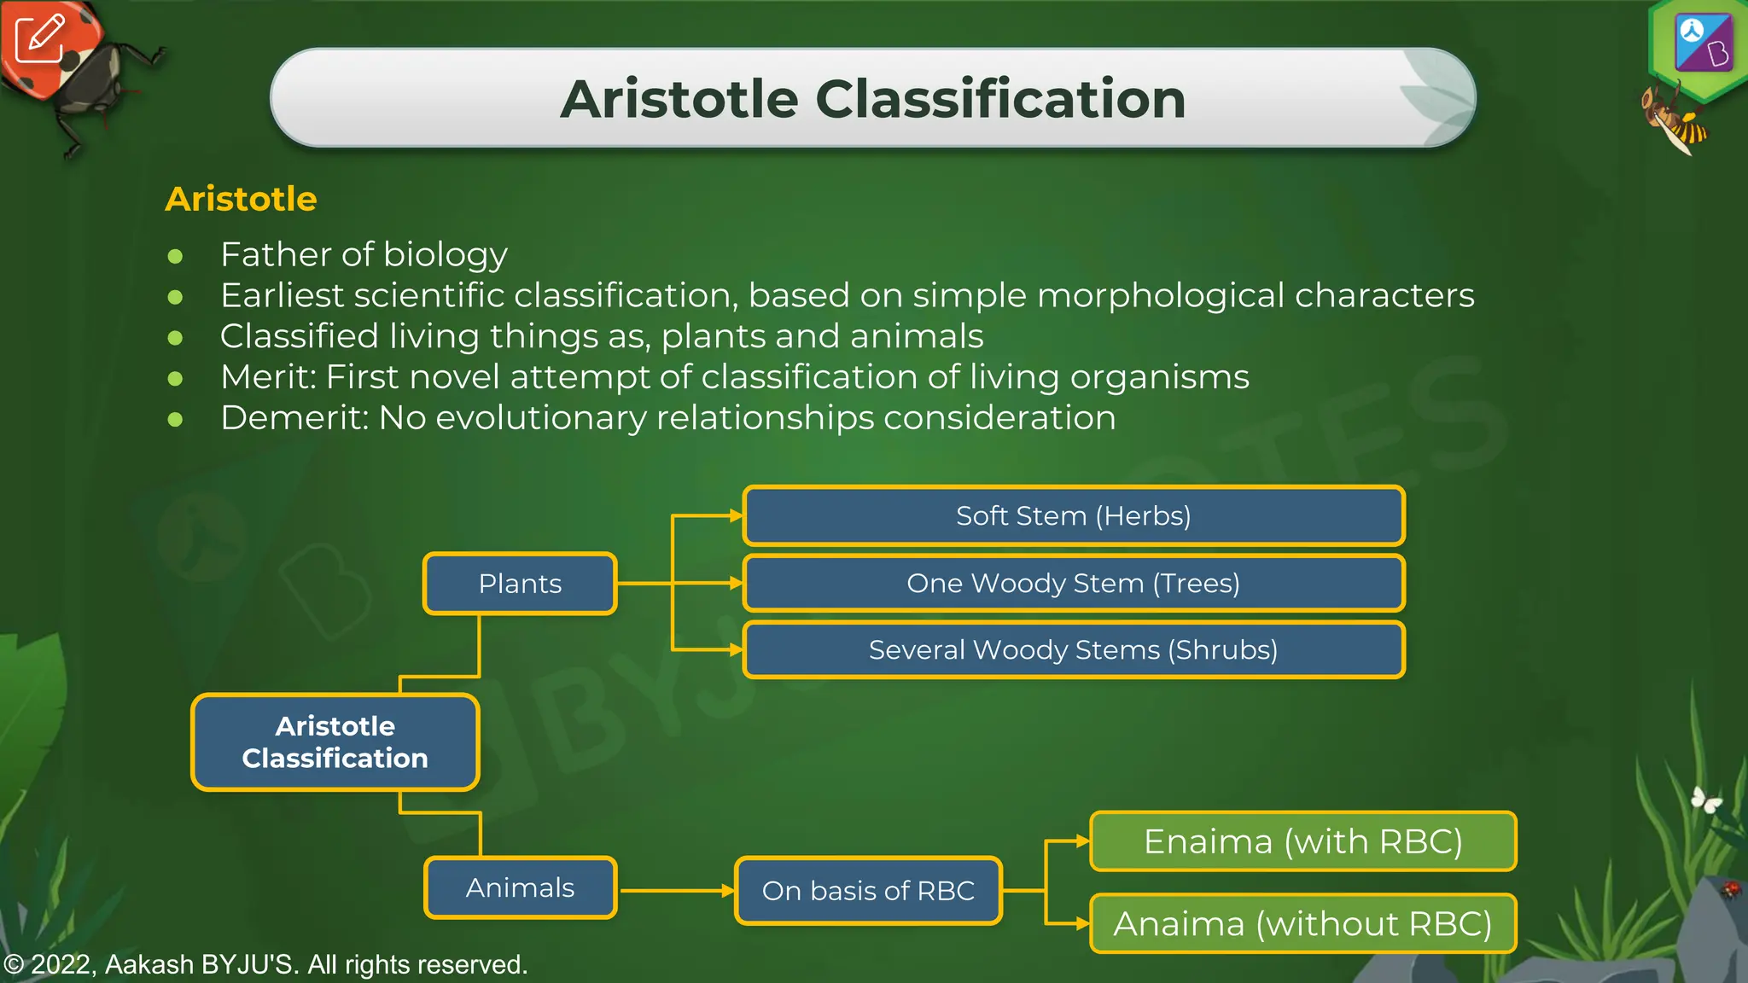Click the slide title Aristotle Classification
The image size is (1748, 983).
[872, 99]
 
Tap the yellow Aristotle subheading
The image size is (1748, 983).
[241, 199]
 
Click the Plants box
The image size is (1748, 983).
[520, 584]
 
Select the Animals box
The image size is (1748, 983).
[520, 887]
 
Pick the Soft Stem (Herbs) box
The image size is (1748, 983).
[1073, 515]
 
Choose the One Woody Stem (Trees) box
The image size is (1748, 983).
[1073, 583]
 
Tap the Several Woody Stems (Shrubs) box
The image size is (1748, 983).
[1073, 650]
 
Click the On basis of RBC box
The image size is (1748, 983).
[868, 891]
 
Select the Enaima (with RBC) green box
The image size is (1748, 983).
[1302, 841]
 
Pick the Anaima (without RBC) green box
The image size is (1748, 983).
[1302, 923]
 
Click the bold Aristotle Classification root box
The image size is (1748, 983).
[335, 742]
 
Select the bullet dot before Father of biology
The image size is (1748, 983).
[175, 256]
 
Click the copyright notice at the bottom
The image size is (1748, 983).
[265, 964]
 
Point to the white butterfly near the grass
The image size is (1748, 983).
[1706, 800]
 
